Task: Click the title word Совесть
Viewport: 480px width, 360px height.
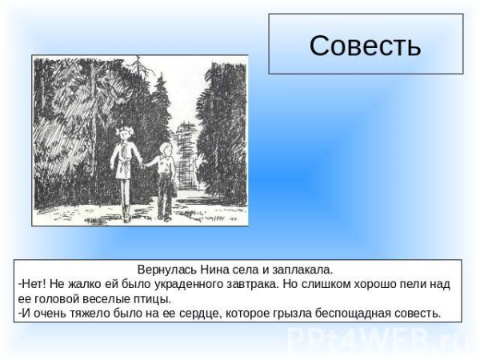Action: pyautogui.click(x=365, y=46)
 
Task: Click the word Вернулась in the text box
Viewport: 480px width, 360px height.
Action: pyautogui.click(x=164, y=270)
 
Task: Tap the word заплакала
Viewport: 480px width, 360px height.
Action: pyautogui.click(x=298, y=270)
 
